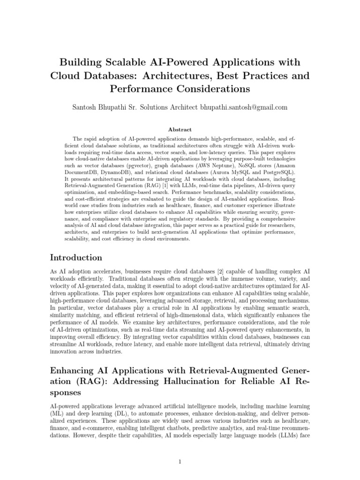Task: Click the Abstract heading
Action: pos(180,129)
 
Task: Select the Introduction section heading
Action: pos(76,257)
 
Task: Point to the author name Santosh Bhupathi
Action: pos(98,107)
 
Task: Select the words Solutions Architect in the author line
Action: pos(168,107)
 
